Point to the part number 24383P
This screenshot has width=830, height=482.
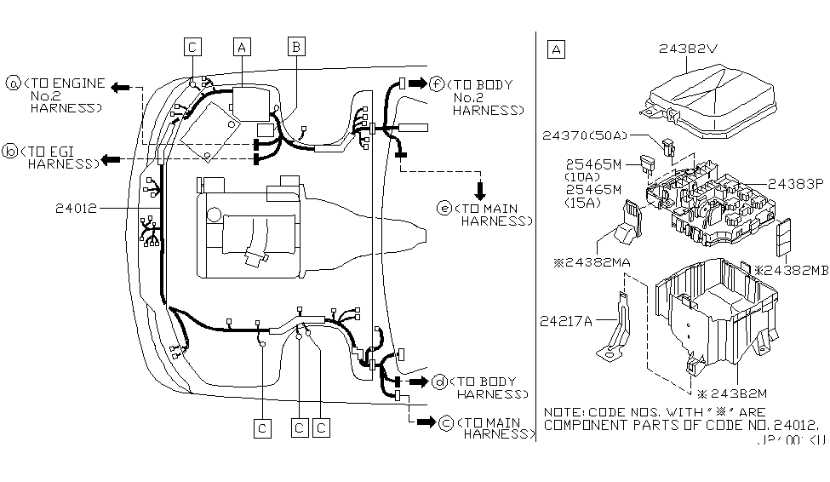796,182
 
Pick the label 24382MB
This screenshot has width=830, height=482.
791,270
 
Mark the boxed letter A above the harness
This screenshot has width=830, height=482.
243,48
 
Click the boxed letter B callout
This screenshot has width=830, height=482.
296,48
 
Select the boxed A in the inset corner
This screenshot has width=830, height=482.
556,49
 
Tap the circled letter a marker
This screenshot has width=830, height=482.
14,83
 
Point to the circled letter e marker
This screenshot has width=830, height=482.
444,208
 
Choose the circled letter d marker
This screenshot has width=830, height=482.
440,382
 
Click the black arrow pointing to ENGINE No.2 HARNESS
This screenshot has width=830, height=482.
123,87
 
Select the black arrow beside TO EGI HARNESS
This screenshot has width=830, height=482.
110,159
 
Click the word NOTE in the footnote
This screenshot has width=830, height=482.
563,411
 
